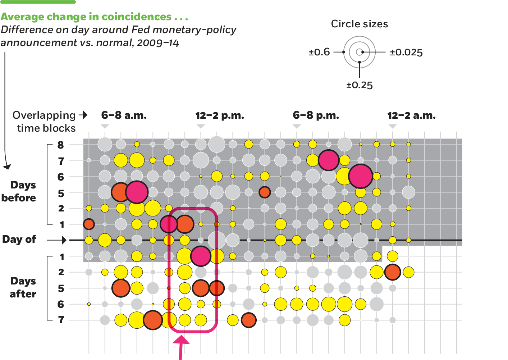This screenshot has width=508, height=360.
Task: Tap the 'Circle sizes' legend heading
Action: [x=360, y=24]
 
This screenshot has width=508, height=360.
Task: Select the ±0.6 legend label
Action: [x=319, y=52]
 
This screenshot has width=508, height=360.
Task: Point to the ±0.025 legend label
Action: [x=406, y=53]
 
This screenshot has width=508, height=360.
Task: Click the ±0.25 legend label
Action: [x=360, y=85]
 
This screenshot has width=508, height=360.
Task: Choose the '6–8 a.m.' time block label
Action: [x=124, y=115]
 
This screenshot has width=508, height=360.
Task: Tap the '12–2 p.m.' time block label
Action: [x=220, y=116]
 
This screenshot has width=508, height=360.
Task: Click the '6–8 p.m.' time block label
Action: [x=316, y=115]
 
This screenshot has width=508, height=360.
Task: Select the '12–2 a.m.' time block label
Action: [x=411, y=116]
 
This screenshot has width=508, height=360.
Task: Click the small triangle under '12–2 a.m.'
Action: [x=393, y=126]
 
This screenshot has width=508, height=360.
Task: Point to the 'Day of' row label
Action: [x=19, y=240]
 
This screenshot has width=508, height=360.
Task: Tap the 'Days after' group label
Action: [x=23, y=287]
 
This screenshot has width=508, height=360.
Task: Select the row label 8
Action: [x=60, y=145]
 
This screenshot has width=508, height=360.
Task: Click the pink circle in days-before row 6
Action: [x=360, y=176]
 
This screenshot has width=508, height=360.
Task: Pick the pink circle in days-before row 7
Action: [x=328, y=160]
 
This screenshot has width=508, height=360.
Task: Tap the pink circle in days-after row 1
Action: [x=201, y=256]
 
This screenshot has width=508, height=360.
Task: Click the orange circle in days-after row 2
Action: [x=392, y=272]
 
